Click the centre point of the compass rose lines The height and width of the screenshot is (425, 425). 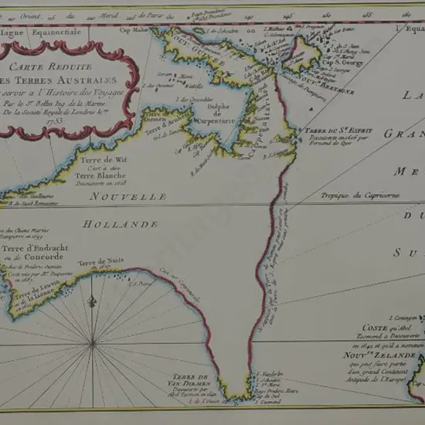tap(93, 341)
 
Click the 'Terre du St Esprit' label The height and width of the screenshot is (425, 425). tap(329, 132)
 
